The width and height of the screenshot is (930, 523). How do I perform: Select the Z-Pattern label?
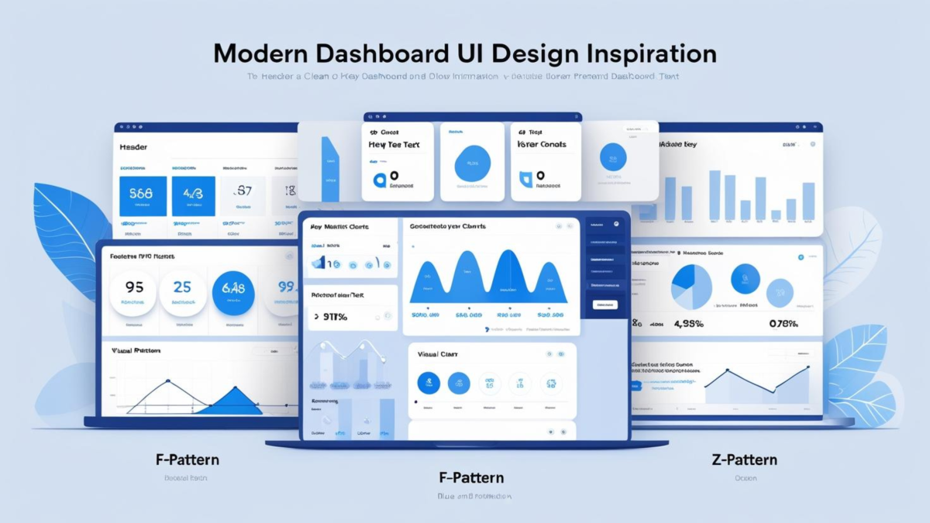pyautogui.click(x=744, y=459)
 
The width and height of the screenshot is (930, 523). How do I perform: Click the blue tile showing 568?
pyautogui.click(x=143, y=195)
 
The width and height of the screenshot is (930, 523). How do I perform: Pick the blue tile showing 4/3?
pyautogui.click(x=193, y=195)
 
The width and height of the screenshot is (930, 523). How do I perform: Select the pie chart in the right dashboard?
pyautogui.click(x=691, y=287)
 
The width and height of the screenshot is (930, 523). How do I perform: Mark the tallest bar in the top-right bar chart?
pyautogui.click(x=715, y=195)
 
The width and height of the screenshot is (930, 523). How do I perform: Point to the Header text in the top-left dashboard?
pyautogui.click(x=133, y=146)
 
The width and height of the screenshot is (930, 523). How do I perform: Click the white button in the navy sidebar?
pyautogui.click(x=605, y=305)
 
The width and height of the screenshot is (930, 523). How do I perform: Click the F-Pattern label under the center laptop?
pyautogui.click(x=470, y=477)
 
